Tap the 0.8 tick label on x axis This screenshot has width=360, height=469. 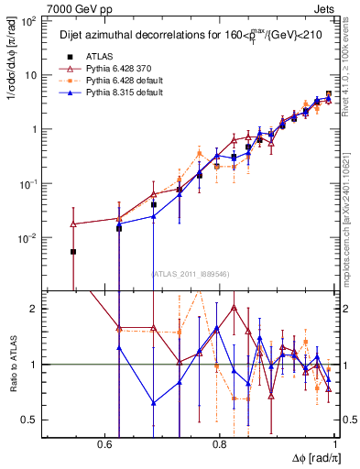220,444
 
